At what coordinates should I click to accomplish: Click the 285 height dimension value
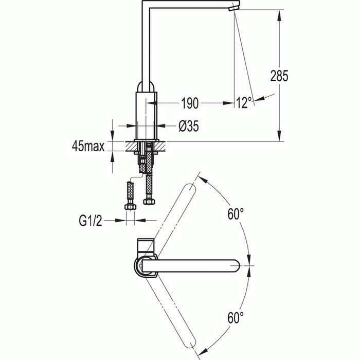(x=279, y=76)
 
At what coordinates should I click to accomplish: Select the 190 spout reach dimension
(x=189, y=103)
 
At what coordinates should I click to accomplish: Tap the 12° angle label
(x=244, y=103)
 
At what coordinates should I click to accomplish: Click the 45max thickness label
(x=88, y=146)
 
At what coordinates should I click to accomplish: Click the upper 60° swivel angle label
(x=236, y=214)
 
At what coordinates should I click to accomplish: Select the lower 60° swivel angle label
(x=236, y=317)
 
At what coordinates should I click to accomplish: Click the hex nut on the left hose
(x=130, y=206)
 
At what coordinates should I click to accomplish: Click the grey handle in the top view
(x=145, y=245)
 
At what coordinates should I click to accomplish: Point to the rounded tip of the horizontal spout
(x=236, y=266)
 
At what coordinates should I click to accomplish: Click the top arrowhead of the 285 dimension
(x=279, y=13)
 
